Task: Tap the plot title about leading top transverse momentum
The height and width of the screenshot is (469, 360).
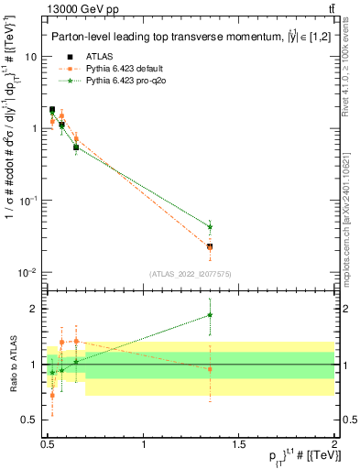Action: tap(179, 37)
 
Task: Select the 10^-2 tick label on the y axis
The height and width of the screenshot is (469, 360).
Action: tap(27, 273)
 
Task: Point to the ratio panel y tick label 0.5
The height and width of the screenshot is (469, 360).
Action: tap(29, 420)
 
